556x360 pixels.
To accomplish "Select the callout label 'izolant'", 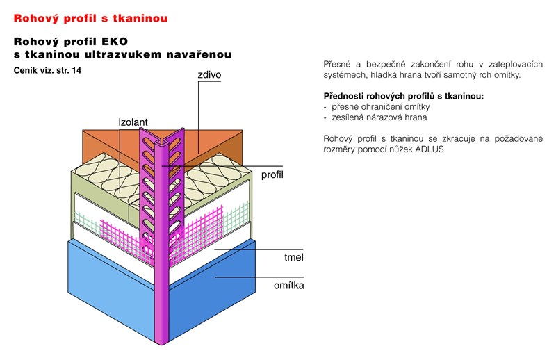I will pos(133,122).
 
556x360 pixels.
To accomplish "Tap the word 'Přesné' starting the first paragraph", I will pos(338,63).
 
